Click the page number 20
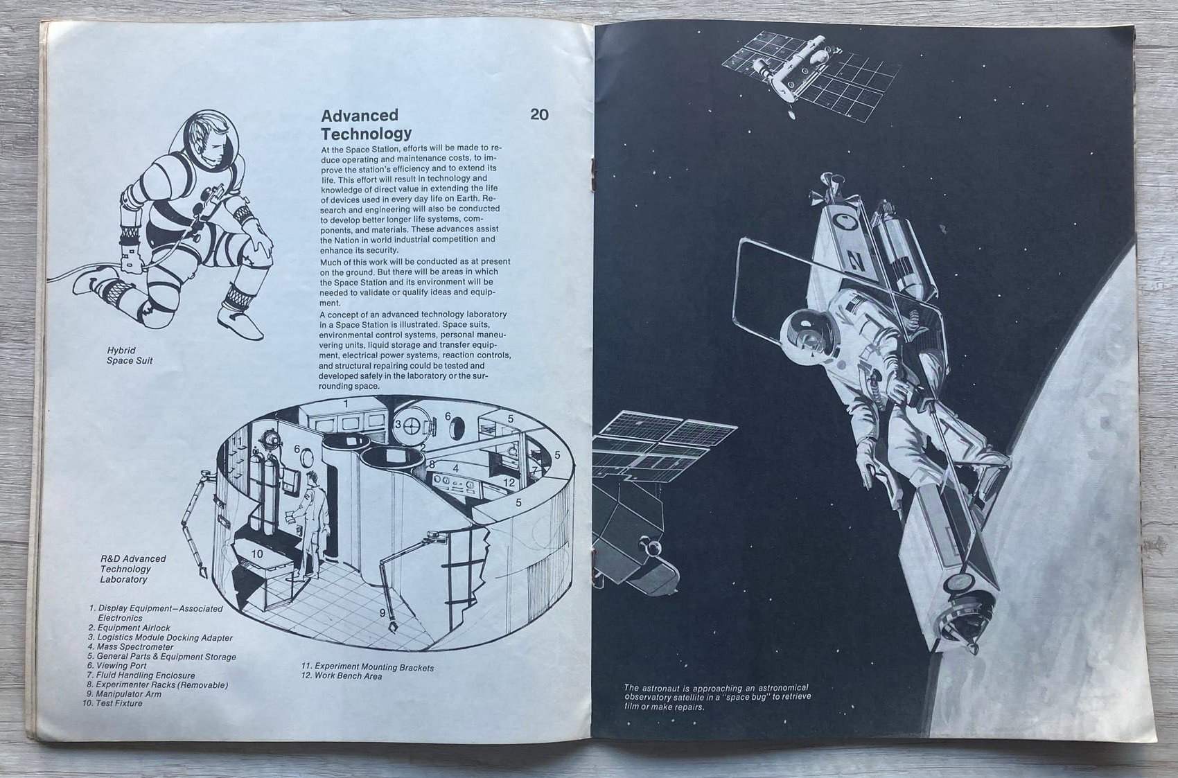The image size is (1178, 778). (x=539, y=114)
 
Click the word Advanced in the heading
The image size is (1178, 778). (x=360, y=115)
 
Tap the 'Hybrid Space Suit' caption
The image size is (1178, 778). (x=130, y=355)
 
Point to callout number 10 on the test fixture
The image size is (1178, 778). (x=257, y=554)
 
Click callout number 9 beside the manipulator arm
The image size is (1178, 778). (x=383, y=613)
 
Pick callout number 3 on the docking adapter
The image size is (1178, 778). (x=398, y=424)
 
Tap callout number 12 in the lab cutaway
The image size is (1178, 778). (x=509, y=482)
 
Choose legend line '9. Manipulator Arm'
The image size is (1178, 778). (x=124, y=694)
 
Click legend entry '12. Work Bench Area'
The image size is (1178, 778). (x=342, y=676)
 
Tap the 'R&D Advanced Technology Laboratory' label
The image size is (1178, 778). (x=133, y=569)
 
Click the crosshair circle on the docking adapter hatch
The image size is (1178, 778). (x=411, y=426)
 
